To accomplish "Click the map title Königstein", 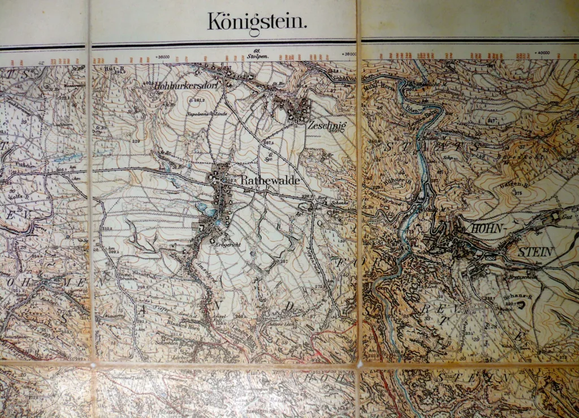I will click(x=257, y=22).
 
